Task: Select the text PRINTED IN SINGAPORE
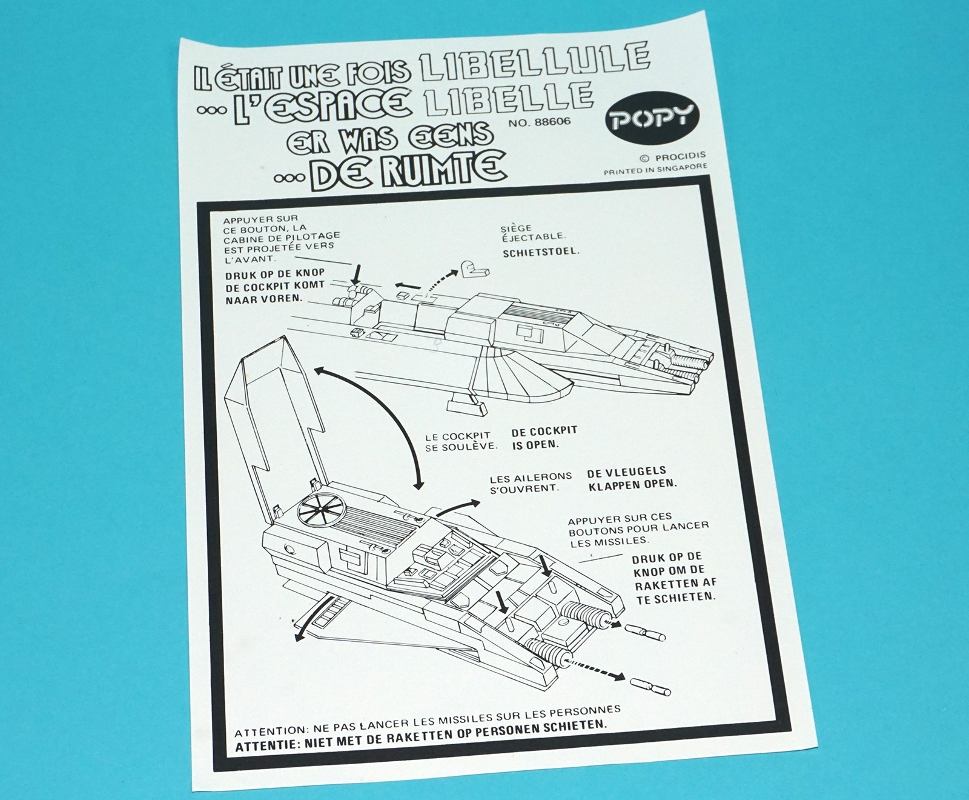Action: click(655, 170)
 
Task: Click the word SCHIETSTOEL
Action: click(540, 252)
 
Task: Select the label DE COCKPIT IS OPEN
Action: click(543, 437)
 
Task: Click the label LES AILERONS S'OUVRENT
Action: click(522, 482)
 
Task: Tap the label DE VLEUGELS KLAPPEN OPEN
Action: click(630, 477)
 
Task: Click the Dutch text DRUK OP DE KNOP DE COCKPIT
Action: click(274, 285)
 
